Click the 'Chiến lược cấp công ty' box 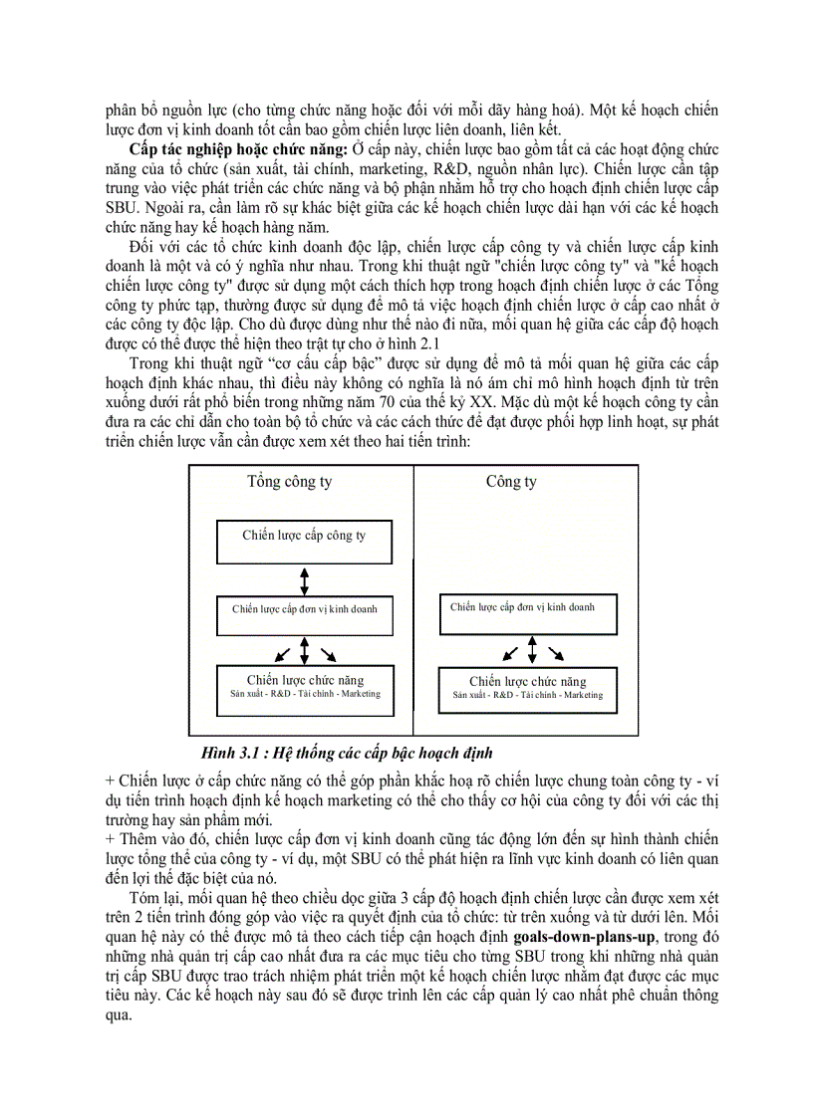tap(304, 541)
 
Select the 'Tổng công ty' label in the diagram tap(290, 482)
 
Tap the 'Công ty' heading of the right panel tap(511, 482)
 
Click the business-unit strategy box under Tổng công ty tap(304, 616)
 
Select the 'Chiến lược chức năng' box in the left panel tap(304, 687)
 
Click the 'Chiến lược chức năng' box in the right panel tap(527, 688)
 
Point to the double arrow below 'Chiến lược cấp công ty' tap(304, 579)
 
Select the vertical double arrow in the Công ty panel tap(533, 651)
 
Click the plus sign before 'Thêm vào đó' tap(110, 841)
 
